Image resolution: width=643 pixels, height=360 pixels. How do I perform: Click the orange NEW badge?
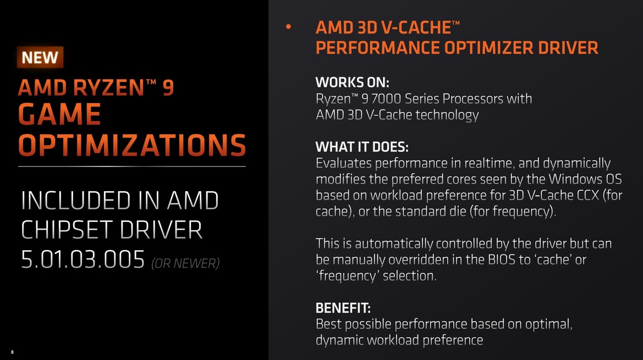[x=40, y=57]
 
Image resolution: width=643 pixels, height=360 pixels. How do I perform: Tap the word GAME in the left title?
[x=60, y=115]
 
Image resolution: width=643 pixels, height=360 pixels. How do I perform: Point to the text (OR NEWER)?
[x=185, y=263]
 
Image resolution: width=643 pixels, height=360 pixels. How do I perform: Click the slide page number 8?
[x=12, y=352]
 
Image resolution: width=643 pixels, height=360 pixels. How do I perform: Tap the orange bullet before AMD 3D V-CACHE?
[x=288, y=26]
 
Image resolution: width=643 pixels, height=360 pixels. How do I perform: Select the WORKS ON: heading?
[x=352, y=82]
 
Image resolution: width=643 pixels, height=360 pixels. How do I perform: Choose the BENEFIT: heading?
[x=343, y=308]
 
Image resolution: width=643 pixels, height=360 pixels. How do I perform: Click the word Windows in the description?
[x=558, y=179]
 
